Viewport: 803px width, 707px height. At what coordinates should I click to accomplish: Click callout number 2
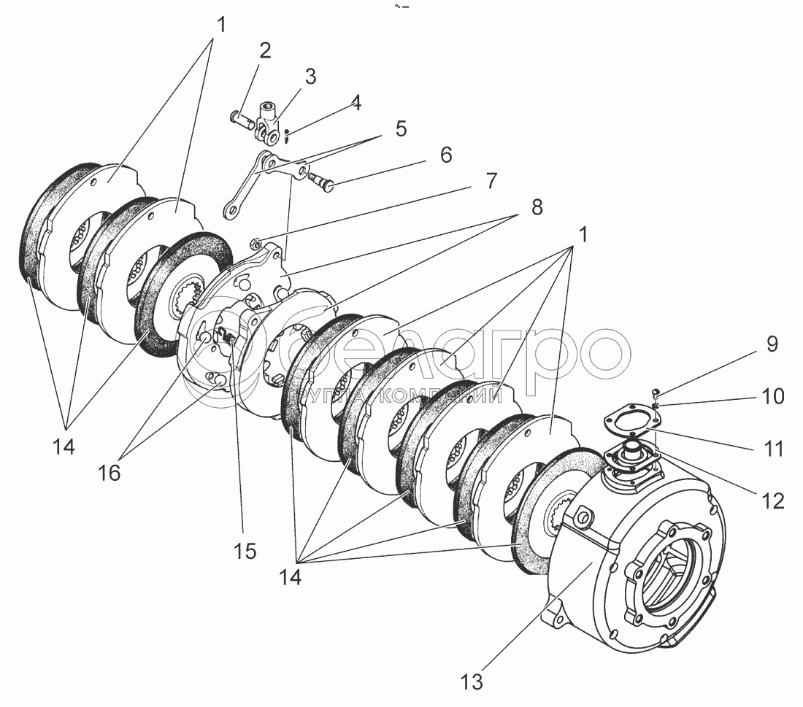click(x=264, y=50)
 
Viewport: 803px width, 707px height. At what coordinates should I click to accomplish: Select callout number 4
click(x=355, y=103)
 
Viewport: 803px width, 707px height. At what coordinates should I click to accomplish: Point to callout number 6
click(x=445, y=155)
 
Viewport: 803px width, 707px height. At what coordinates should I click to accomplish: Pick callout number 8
click(x=537, y=206)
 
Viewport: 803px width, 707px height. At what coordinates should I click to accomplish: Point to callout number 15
click(x=245, y=551)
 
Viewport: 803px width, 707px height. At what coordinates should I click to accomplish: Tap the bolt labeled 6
click(x=320, y=179)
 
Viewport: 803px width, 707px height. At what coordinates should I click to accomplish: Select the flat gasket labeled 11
click(x=630, y=422)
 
